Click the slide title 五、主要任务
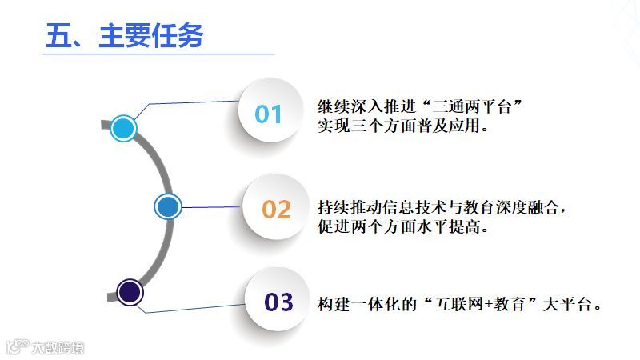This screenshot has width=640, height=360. pos(124,36)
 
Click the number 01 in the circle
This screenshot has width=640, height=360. pos(269,114)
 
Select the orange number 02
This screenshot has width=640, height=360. pos(277,209)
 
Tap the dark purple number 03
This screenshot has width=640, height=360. pos(279,302)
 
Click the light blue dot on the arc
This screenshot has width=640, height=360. pos(122,127)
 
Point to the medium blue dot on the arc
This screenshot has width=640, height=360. pos(167,206)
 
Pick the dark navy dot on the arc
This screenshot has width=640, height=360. pos(129,292)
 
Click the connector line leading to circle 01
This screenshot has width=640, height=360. pos(192,103)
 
